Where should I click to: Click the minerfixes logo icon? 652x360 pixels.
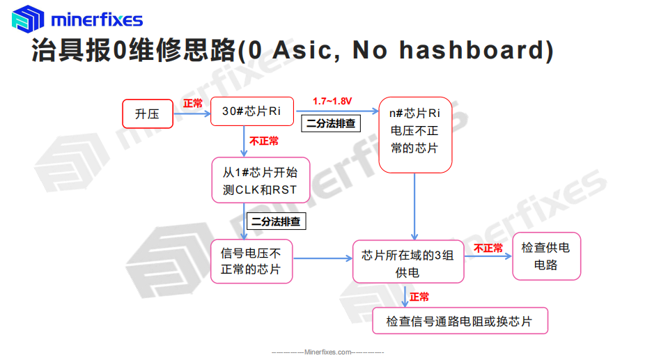tap(28, 19)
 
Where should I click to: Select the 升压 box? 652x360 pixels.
tap(148, 114)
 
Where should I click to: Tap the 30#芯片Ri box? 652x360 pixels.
tap(252, 111)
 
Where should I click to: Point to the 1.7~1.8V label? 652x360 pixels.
tap(332, 101)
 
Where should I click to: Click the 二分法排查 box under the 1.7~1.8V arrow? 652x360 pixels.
tap(331, 123)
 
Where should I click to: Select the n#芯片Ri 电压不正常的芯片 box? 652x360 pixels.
tap(415, 134)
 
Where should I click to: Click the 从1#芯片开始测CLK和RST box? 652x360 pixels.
tap(261, 180)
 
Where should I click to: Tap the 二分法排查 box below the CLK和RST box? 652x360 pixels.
tap(276, 221)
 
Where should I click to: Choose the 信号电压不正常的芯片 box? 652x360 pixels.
tap(251, 261)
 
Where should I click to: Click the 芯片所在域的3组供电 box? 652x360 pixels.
tap(408, 262)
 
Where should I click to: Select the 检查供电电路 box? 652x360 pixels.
tap(546, 256)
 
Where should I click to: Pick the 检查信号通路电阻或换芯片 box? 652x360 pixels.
tap(460, 320)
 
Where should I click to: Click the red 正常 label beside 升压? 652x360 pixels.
tap(193, 104)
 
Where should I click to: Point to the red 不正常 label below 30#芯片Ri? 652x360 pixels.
tap(264, 141)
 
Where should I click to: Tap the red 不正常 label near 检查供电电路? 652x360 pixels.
tap(488, 248)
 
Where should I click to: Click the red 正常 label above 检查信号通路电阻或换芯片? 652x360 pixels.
tap(419, 297)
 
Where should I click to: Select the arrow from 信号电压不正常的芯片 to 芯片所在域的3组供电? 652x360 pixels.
tap(323, 258)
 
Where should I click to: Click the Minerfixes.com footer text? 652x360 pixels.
tap(327, 352)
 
